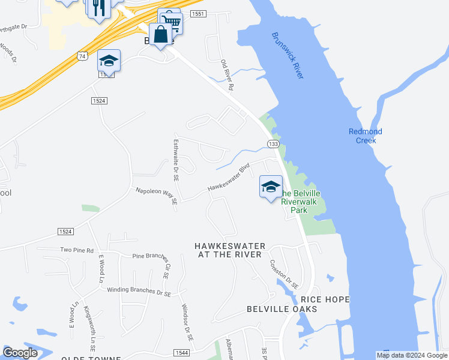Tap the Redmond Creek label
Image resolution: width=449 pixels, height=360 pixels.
366,136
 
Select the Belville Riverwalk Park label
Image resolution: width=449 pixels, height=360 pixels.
301,202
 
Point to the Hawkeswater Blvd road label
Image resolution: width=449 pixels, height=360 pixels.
228,178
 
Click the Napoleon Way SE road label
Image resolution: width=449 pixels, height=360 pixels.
156,195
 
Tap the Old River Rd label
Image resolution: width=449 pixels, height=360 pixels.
227,75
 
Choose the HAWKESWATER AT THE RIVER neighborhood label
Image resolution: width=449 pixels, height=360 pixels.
229,250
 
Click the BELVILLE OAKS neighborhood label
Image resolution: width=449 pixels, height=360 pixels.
282,309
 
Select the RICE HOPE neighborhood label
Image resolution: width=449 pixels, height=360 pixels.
325,299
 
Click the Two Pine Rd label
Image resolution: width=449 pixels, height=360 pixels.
77,250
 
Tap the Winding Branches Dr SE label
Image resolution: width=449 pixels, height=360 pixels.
139,290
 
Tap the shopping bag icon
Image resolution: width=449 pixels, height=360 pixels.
161,34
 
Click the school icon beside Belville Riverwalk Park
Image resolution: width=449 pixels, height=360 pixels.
271,187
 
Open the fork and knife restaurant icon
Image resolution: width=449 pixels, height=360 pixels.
100,8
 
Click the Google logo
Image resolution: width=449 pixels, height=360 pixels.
20,353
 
